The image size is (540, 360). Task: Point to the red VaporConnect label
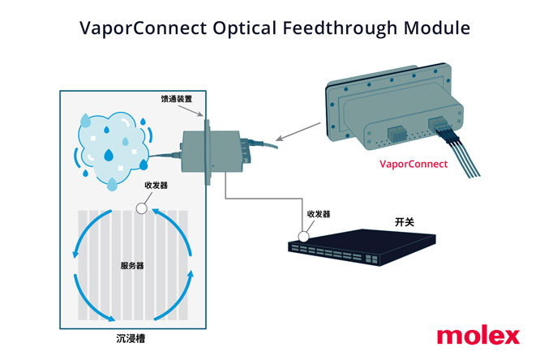[414, 164]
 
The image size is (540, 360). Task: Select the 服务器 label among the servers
[132, 266]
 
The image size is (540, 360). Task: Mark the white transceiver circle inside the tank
[140, 208]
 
